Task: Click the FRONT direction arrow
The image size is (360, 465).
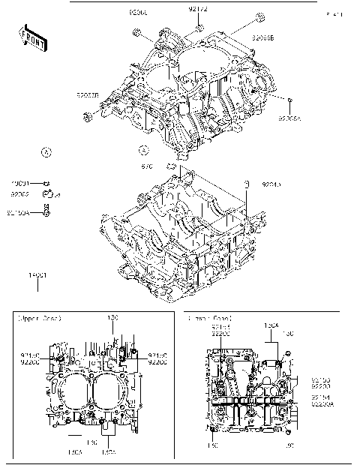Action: tap(32, 40)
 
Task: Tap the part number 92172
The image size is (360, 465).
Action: tap(198, 10)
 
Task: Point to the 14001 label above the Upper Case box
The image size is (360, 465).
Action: tap(37, 276)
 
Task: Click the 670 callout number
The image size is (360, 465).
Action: tap(147, 166)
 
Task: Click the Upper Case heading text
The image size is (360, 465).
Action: tap(39, 319)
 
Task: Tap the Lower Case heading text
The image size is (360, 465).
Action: tap(211, 319)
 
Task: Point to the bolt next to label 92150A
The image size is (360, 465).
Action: tap(46, 212)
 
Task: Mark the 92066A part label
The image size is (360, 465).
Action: tap(288, 118)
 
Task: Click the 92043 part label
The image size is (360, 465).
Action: tap(271, 184)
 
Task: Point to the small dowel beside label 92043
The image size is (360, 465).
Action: tap(244, 182)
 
